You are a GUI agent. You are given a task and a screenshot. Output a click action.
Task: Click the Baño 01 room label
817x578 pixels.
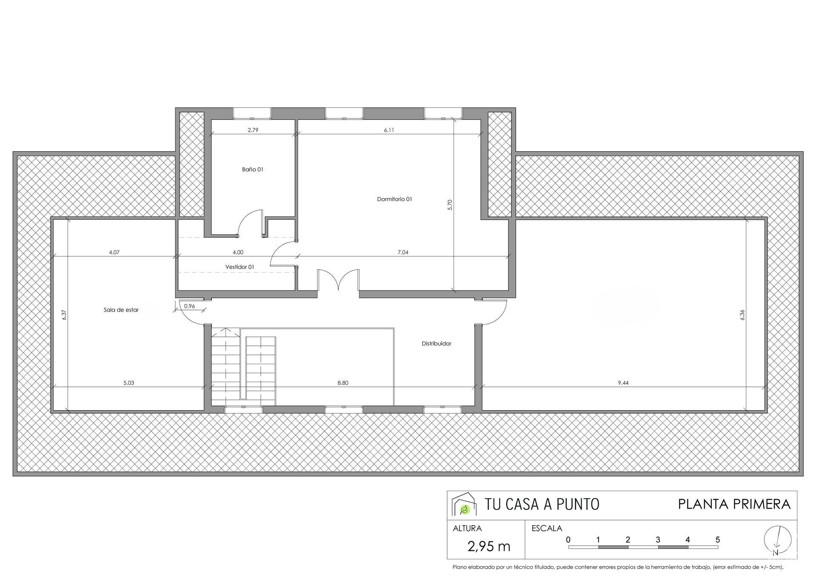253,170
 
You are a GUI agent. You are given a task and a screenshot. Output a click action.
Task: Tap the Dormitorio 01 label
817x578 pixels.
394,199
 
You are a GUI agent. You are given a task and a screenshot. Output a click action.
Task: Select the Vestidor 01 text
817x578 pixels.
240,267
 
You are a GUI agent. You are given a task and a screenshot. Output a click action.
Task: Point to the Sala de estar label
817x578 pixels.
121,310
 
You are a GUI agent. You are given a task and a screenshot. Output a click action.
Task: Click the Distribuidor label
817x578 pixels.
436,343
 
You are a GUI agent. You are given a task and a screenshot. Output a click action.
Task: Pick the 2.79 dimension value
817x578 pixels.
253,130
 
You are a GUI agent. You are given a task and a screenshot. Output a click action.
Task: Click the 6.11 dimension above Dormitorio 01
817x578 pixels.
389,130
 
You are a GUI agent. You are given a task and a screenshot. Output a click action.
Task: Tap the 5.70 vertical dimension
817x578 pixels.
450,205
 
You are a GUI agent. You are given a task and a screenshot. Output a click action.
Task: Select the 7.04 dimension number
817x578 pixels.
403,253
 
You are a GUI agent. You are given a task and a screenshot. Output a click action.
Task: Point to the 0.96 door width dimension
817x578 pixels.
189,306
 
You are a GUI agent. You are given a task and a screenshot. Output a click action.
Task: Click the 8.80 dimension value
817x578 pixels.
343,383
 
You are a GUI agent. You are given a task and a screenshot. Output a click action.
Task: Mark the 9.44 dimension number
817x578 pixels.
623,383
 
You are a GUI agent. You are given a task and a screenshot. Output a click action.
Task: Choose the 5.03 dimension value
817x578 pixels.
129,383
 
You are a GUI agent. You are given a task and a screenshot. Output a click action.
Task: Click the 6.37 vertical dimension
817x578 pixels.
64,315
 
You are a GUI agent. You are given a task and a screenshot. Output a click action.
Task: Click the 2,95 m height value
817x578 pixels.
488,546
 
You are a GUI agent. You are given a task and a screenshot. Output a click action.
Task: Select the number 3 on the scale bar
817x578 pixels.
658,540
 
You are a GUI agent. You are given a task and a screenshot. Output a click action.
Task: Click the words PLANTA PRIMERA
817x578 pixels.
734,504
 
